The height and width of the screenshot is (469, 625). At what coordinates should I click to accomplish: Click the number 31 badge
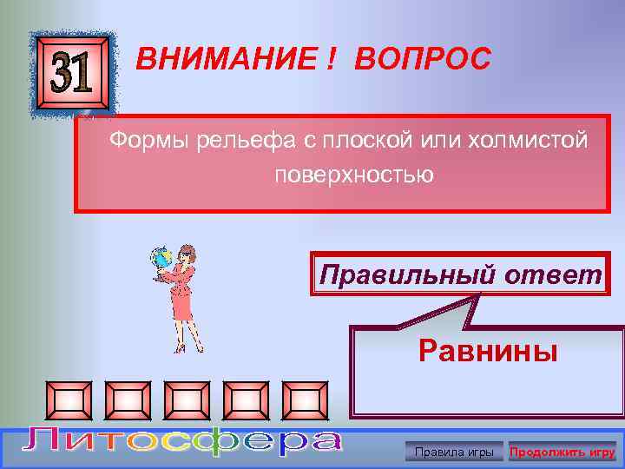click(x=72, y=76)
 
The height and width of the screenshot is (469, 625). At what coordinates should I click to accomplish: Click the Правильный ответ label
click(x=460, y=275)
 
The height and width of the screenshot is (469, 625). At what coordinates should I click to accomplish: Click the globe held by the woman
click(x=161, y=258)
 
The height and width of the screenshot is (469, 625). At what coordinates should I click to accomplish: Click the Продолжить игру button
click(x=562, y=452)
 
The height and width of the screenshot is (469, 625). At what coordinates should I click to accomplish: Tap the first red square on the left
click(x=70, y=400)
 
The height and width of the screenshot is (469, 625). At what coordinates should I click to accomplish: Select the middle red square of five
click(x=187, y=400)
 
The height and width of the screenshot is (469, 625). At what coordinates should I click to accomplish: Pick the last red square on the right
click(x=305, y=400)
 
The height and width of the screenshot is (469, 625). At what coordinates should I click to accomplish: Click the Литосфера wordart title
click(x=182, y=442)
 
